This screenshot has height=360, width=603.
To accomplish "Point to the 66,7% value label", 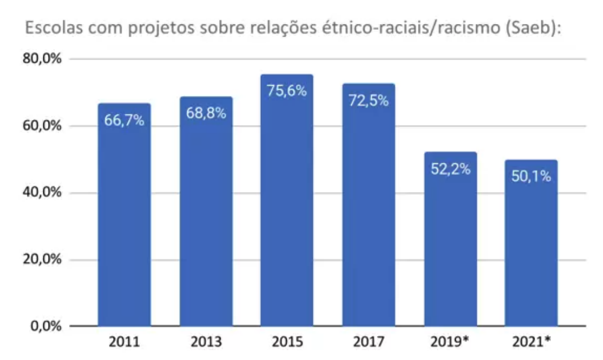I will click(x=124, y=121).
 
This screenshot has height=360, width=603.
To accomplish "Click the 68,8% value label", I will click(x=206, y=113).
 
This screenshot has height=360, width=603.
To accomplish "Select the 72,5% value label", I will click(x=368, y=101).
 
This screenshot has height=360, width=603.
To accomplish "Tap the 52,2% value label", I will click(x=450, y=169).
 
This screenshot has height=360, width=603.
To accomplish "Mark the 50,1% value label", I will click(x=531, y=177).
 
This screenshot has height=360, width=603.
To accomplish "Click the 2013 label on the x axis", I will click(x=206, y=343).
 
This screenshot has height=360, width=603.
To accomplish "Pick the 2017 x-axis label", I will click(x=368, y=343).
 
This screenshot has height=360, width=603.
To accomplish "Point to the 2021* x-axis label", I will click(x=531, y=343).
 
